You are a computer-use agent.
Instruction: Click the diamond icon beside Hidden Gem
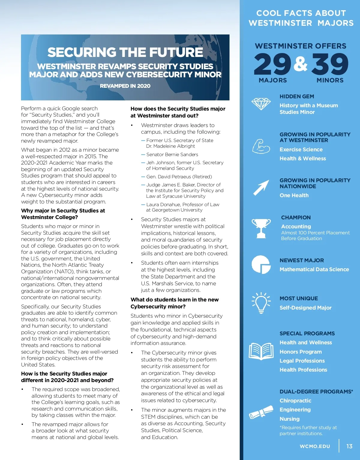261,104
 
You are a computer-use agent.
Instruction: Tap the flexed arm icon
261,146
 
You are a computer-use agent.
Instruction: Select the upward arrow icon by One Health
261,188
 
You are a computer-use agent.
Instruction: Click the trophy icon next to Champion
261,228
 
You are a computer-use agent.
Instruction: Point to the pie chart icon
261,264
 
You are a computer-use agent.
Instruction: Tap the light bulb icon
261,303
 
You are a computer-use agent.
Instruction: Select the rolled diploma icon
261,413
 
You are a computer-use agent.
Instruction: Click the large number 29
272,64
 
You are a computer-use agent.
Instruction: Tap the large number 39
330,64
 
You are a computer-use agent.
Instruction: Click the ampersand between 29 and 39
301,64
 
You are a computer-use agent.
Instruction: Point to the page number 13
349,446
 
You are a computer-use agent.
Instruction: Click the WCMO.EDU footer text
315,446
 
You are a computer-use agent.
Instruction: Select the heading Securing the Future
125,52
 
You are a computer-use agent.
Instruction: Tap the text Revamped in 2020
125,86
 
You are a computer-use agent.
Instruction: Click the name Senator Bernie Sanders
172,155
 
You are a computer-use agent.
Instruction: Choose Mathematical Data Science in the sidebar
314,269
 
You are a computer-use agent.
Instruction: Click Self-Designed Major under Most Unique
305,308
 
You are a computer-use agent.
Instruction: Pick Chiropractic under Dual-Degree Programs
295,401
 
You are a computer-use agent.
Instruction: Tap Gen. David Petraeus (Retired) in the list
179,177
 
